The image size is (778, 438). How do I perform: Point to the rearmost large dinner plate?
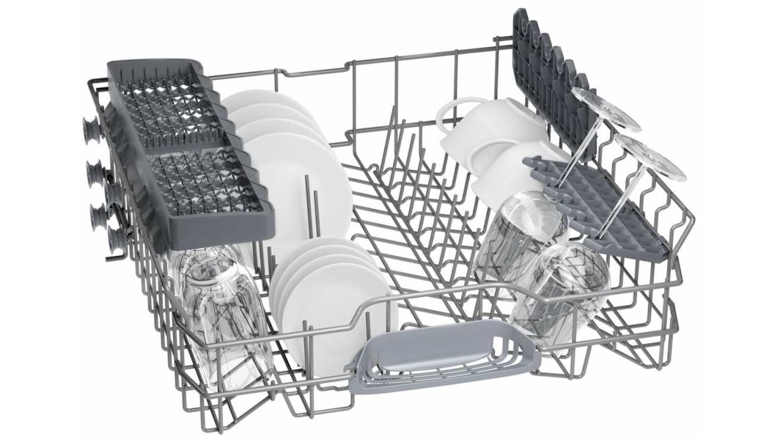point(261,101)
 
